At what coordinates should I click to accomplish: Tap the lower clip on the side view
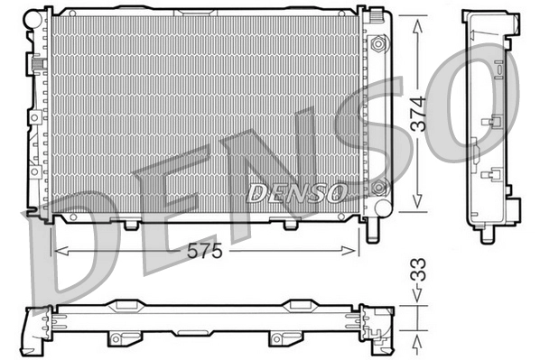click(x=493, y=173)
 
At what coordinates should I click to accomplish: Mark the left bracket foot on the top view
click(x=116, y=339)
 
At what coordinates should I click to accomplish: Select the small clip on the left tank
click(x=39, y=65)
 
